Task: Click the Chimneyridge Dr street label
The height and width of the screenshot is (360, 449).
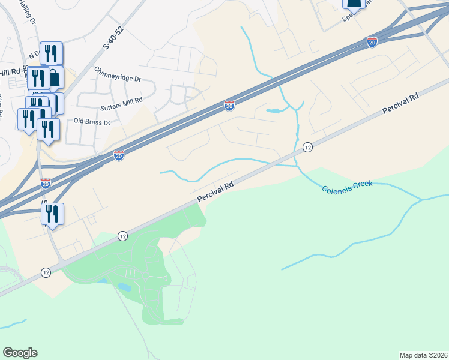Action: [x=117, y=79]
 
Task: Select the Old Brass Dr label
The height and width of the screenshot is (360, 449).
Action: [x=92, y=122]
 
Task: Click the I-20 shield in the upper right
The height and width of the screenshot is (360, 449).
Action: [x=372, y=41]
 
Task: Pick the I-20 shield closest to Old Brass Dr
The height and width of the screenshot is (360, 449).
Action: [x=119, y=155]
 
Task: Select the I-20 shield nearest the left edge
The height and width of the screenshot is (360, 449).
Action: [x=46, y=182]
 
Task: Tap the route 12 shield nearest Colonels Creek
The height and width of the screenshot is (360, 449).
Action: [x=307, y=147]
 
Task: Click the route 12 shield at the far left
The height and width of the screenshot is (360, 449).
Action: [x=46, y=272]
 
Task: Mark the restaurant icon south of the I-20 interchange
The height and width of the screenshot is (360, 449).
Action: [x=52, y=214]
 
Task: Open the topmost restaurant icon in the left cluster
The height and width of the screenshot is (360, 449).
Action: [x=51, y=53]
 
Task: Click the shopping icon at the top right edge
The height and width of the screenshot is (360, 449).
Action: [x=354, y=3]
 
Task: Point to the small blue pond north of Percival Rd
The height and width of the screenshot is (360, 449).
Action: [x=273, y=111]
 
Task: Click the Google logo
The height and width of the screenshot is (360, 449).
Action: [x=20, y=353]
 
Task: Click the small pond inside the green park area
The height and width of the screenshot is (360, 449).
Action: [x=125, y=287]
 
